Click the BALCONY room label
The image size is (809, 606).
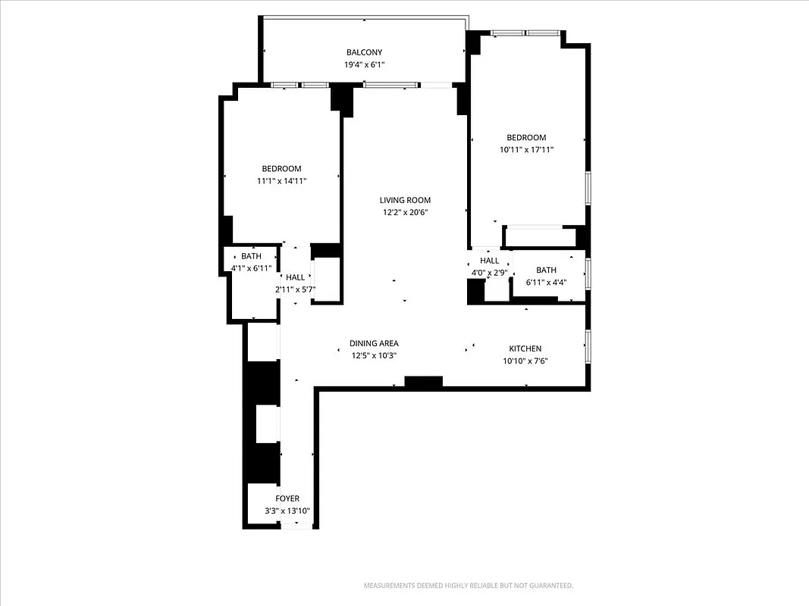(364, 52)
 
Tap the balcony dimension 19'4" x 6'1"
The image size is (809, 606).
(364, 64)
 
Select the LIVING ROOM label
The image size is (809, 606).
(404, 200)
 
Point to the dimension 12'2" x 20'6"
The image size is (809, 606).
(404, 212)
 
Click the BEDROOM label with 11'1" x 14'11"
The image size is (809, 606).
(281, 168)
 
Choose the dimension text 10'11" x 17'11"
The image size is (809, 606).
(526, 150)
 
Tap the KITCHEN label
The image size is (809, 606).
(525, 348)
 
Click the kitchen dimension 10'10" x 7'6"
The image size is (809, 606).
(525, 361)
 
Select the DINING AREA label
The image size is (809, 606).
(374, 343)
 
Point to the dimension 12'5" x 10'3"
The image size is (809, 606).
(374, 355)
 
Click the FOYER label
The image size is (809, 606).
(287, 498)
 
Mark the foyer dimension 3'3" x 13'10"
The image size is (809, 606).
(287, 511)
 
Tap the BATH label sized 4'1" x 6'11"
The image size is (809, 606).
(251, 256)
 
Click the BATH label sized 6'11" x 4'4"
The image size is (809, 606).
(546, 270)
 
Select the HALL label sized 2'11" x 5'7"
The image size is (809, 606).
(295, 277)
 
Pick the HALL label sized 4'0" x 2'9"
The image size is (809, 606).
(490, 261)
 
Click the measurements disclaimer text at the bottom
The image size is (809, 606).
(469, 586)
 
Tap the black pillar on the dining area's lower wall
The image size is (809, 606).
(423, 382)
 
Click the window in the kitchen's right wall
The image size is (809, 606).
(588, 345)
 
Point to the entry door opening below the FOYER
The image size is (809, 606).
(296, 526)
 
